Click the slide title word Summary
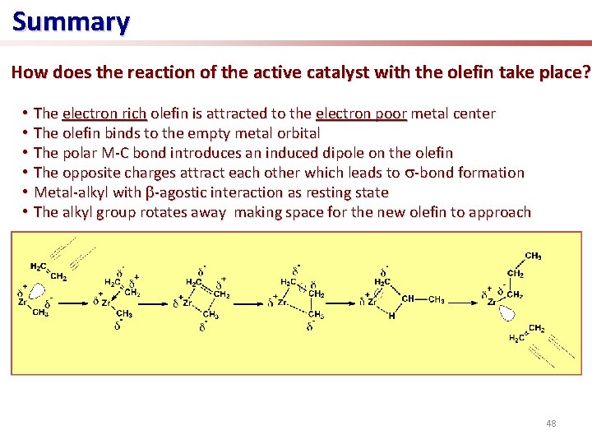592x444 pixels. point(71,21)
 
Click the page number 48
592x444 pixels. point(551,423)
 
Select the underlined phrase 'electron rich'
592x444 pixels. point(104,113)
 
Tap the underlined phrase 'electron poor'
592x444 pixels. point(361,113)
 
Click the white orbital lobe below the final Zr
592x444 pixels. point(506,313)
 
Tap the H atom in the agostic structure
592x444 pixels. point(391,316)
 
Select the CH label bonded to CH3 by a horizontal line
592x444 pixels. point(407,298)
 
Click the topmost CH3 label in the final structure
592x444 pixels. point(532,256)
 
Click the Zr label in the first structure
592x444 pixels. point(22,302)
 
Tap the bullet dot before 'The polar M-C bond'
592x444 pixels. point(26,153)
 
